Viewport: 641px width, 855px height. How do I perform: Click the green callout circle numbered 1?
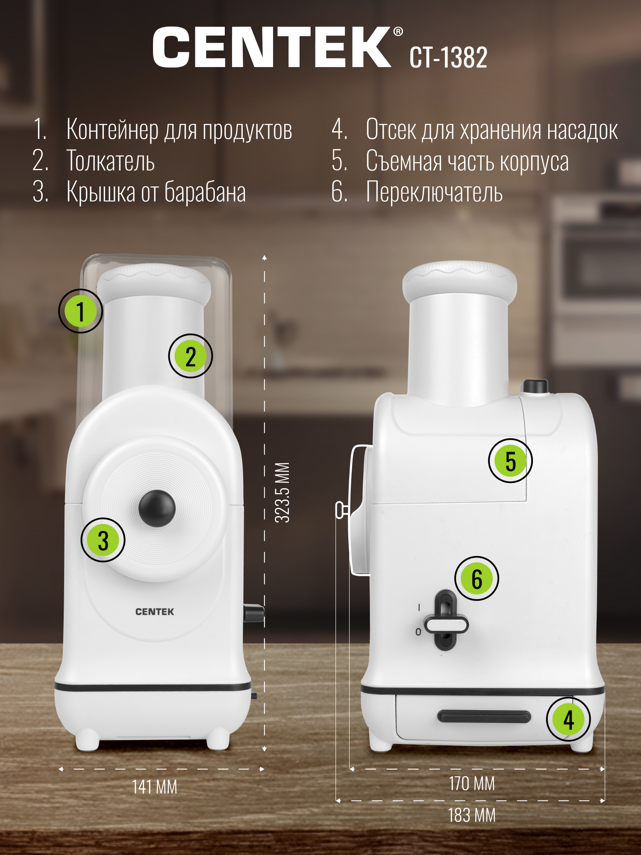(80, 311)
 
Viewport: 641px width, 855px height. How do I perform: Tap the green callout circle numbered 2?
(191, 356)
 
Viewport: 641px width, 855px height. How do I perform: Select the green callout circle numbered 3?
(103, 540)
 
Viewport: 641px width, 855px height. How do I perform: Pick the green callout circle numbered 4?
(568, 719)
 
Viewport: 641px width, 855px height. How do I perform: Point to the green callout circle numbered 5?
(510, 461)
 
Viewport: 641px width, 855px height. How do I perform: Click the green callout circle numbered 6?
(477, 578)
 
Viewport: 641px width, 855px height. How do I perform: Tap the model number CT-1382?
(448, 57)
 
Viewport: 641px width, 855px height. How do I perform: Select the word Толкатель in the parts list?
(110, 161)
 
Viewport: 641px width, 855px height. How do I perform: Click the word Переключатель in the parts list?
(434, 192)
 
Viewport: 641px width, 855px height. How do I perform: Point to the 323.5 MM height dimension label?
(282, 492)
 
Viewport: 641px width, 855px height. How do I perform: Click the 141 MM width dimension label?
(154, 787)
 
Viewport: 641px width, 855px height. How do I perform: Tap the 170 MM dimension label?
(472, 784)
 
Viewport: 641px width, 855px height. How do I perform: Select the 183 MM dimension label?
(472, 815)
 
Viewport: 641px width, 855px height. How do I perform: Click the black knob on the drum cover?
(157, 508)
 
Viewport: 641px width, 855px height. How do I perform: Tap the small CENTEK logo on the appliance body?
(155, 612)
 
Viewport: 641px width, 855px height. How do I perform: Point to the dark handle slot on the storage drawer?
(484, 716)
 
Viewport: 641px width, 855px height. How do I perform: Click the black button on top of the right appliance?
(534, 386)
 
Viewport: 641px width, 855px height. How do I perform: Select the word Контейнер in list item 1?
(112, 130)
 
